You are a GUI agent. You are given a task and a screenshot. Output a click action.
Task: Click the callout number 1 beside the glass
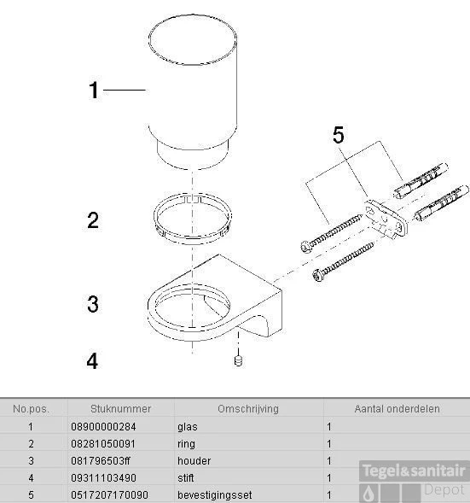94,91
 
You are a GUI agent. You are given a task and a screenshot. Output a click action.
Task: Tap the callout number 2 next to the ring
93,220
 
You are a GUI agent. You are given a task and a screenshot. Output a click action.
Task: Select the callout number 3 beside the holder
93,304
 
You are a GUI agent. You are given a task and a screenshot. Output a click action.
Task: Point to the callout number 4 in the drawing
92,361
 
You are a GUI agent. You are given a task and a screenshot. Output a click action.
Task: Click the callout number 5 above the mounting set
339,135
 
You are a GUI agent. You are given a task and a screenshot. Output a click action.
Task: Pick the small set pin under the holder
238,360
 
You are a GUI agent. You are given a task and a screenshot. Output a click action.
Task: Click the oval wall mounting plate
386,220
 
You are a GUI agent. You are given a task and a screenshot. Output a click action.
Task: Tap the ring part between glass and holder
193,219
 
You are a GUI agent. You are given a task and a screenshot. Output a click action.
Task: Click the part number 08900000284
103,427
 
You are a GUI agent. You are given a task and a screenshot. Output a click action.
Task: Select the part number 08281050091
103,444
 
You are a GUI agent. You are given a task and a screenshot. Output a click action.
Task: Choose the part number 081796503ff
101,460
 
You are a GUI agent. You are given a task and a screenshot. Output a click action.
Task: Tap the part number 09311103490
103,477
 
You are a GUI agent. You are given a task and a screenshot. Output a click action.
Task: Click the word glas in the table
188,427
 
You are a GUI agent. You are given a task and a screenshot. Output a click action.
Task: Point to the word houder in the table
194,460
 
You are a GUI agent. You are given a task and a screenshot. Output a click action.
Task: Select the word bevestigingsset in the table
215,495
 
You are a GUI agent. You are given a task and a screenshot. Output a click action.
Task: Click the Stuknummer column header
121,409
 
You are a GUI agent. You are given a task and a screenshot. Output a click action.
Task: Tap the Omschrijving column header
248,409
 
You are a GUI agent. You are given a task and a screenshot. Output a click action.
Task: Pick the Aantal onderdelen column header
397,409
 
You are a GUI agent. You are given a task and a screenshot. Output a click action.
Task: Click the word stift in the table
185,477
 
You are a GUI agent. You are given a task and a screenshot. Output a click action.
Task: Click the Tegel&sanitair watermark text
414,471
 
